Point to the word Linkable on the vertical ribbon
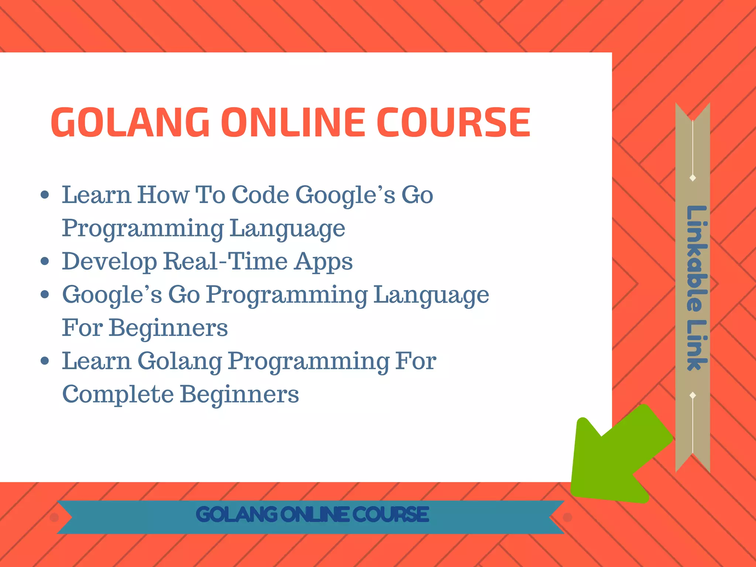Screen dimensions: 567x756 (696, 258)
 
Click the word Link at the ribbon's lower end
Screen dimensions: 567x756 (696, 345)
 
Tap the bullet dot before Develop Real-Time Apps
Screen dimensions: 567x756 (45, 261)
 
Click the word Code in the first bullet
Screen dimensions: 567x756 (260, 195)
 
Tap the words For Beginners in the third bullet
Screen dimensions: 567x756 (145, 328)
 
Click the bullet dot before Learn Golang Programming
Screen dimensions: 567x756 (45, 361)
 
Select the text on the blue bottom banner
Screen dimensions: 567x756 (312, 515)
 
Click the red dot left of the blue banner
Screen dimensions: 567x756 (54, 518)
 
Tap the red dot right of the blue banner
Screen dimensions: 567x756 (567, 518)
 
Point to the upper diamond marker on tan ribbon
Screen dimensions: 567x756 (693, 178)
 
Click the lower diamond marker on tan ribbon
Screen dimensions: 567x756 (693, 395)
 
